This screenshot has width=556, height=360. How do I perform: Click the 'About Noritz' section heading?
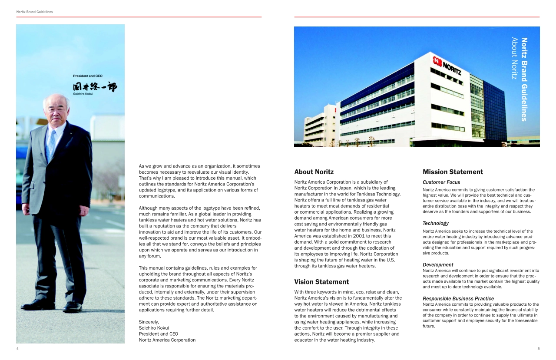314,172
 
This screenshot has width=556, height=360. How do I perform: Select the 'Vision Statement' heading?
321,282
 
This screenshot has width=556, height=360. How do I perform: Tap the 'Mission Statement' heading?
453,172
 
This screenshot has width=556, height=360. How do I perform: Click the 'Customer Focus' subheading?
441,182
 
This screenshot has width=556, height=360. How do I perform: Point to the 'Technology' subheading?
436,223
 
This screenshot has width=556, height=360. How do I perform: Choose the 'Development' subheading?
438,264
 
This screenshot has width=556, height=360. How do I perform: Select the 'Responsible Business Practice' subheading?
458,298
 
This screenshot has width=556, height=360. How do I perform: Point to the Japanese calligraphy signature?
95,86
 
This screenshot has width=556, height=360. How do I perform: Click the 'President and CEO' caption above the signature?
88,76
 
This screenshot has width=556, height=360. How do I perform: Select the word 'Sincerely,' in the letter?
149,322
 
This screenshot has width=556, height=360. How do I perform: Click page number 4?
17,349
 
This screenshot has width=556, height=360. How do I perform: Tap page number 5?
538,349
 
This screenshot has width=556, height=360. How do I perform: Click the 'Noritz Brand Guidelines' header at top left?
35,12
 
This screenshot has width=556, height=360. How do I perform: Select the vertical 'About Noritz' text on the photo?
515,58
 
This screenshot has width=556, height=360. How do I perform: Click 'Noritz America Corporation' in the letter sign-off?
167,340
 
